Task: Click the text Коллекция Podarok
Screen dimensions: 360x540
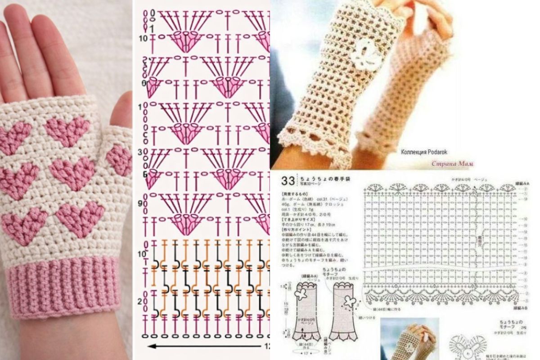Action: [x=424, y=152]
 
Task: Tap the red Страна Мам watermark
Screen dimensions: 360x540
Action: [x=452, y=163]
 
